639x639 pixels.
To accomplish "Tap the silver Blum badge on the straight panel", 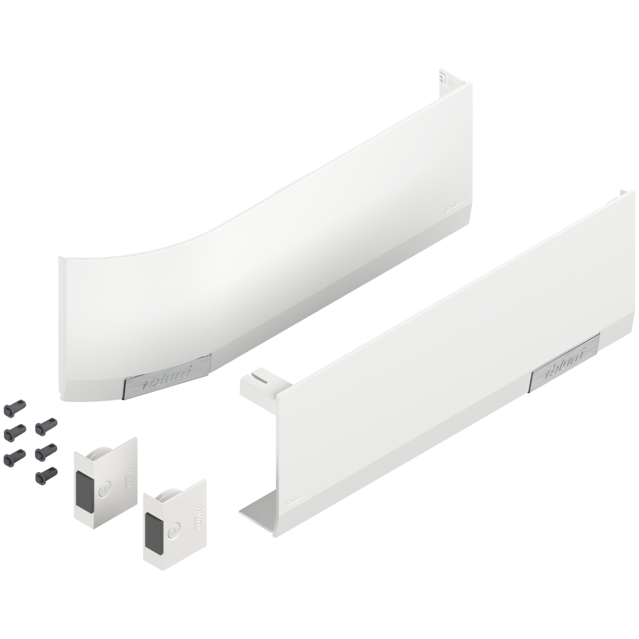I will (x=566, y=365).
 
